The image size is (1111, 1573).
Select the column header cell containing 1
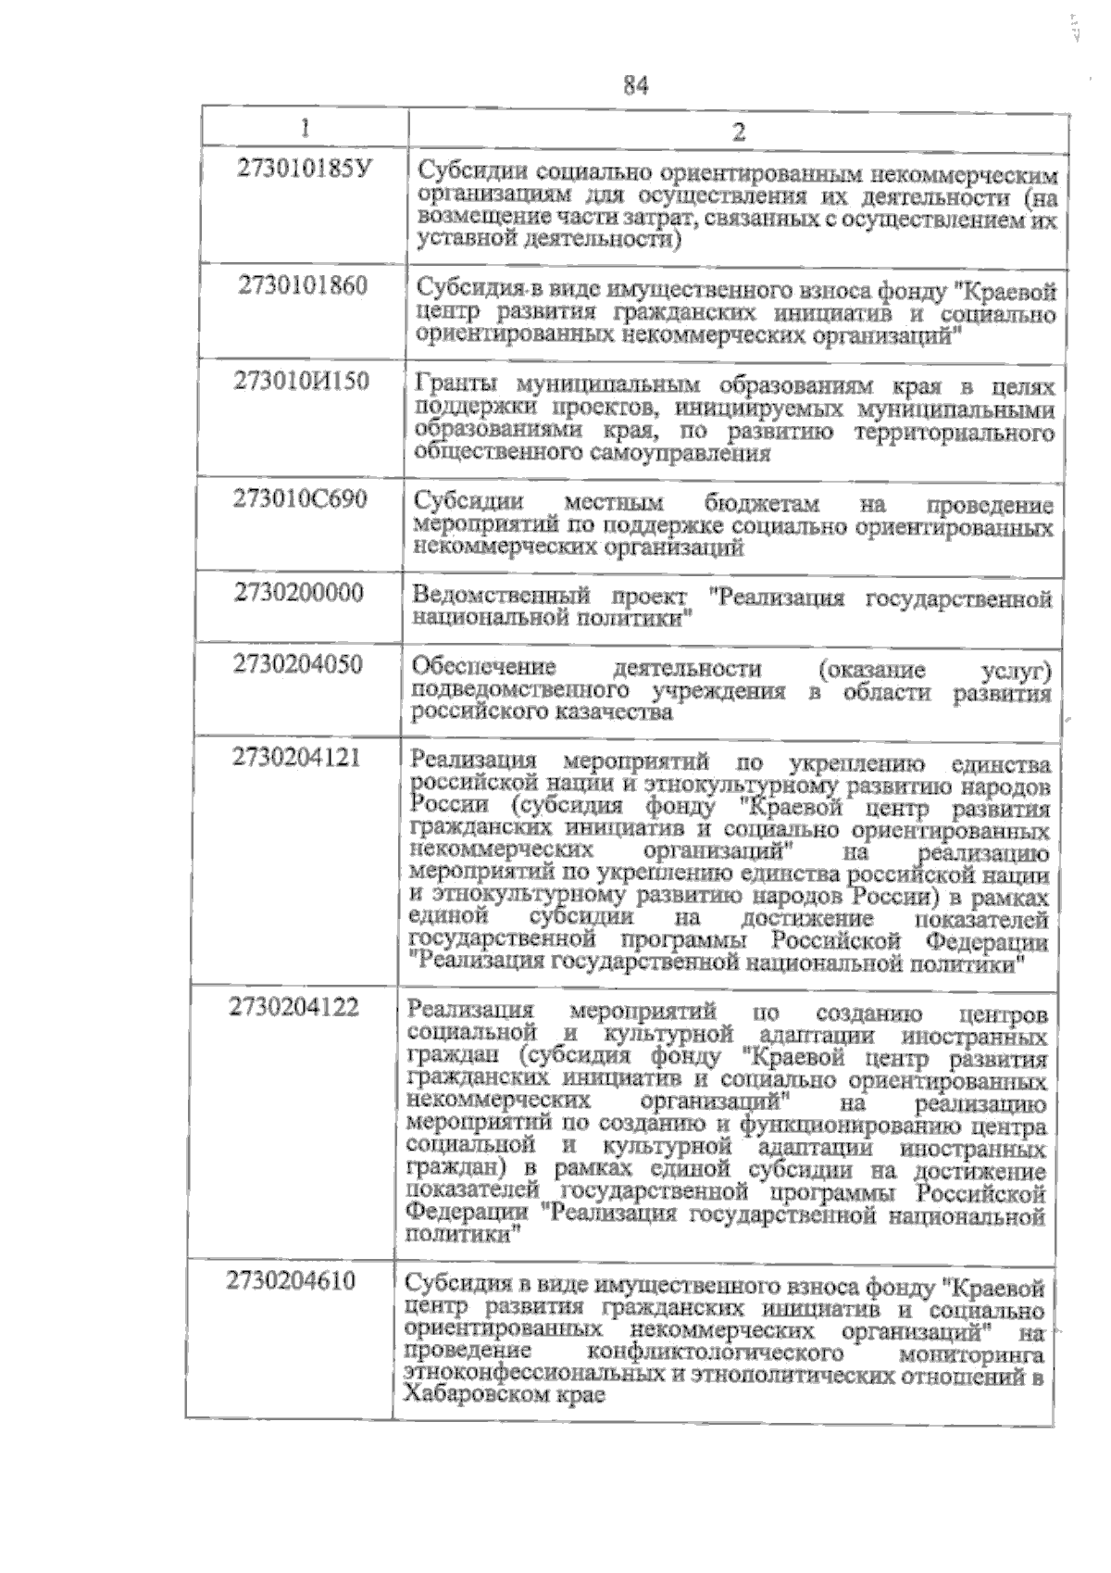click(x=306, y=127)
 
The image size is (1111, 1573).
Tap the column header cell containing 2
click(x=738, y=131)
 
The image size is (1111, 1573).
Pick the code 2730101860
click(x=303, y=284)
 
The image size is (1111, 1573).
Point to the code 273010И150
click(x=301, y=381)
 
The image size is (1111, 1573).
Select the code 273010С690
click(x=300, y=498)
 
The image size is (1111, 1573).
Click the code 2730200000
click(x=298, y=592)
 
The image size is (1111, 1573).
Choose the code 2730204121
click(x=296, y=757)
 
